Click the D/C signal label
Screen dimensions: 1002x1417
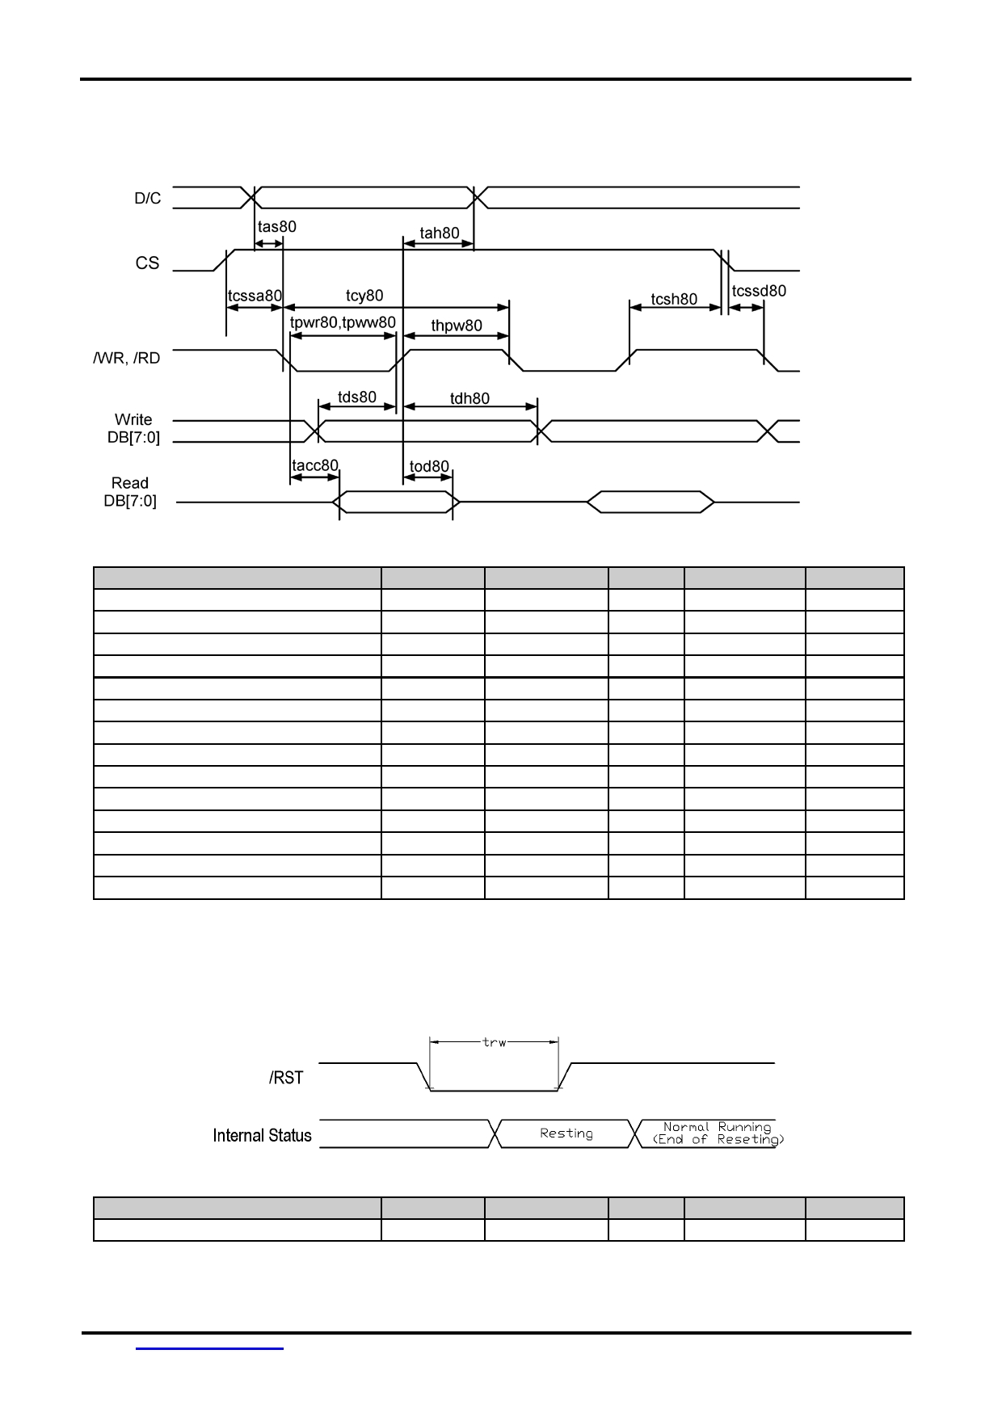coord(148,198)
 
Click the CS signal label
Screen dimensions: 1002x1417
coord(147,263)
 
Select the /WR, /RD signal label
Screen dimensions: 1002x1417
coord(127,358)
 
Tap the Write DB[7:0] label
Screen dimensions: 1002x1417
coord(133,428)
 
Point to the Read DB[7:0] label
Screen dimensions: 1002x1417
coord(130,492)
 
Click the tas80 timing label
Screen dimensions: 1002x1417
coord(277,227)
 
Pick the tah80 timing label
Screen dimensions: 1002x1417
coord(440,233)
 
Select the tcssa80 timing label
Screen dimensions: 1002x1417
coord(255,296)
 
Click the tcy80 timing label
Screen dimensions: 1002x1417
coord(364,296)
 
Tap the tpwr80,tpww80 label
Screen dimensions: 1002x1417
coord(343,323)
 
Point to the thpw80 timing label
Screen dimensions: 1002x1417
coord(457,326)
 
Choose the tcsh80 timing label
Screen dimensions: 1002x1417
coord(674,300)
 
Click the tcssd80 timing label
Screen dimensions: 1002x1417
coord(759,291)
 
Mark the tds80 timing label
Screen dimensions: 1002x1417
coord(357,397)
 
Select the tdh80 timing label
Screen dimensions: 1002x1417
coord(469,398)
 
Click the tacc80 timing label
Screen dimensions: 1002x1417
coord(315,466)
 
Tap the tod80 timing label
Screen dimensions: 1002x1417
coord(429,467)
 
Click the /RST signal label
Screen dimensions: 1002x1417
coord(286,1078)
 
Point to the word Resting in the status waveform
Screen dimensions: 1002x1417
coord(566,1133)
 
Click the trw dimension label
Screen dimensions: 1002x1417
coord(495,1042)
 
